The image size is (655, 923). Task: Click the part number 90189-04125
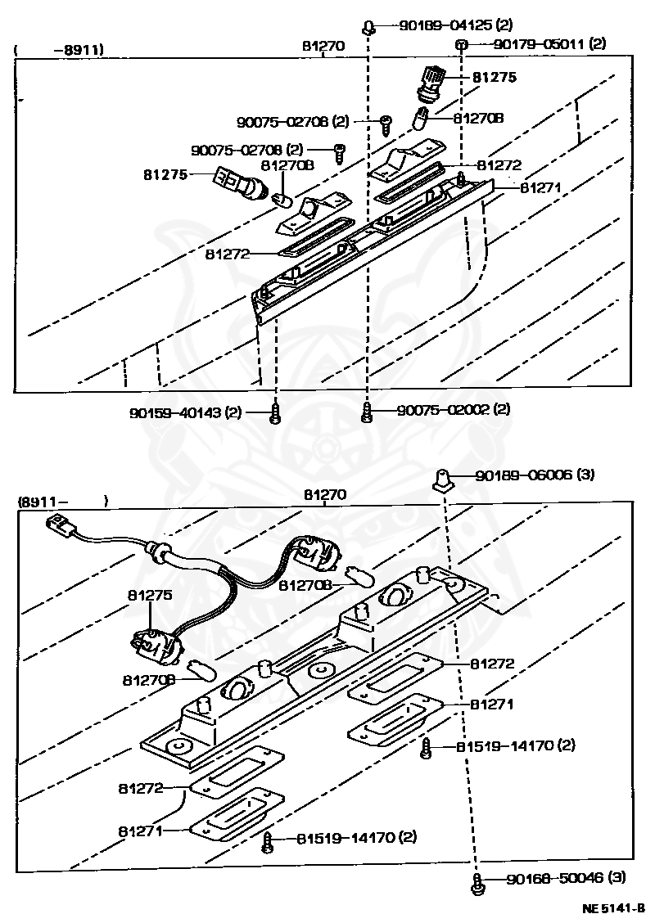pos(446,25)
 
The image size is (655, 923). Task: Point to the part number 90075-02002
pos(442,408)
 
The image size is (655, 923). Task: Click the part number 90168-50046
pos(554,878)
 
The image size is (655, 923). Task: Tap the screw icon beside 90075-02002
pos(367,411)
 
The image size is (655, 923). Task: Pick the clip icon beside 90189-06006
pos(442,477)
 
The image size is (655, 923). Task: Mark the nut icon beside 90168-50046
pos(477,881)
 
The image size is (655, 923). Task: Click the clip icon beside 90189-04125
pos(369,27)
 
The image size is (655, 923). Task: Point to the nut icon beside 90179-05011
pos(462,44)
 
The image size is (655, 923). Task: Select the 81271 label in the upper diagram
pos(540,187)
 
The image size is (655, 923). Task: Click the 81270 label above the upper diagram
pos(323,46)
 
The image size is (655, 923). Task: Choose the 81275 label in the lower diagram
pos(149,596)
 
